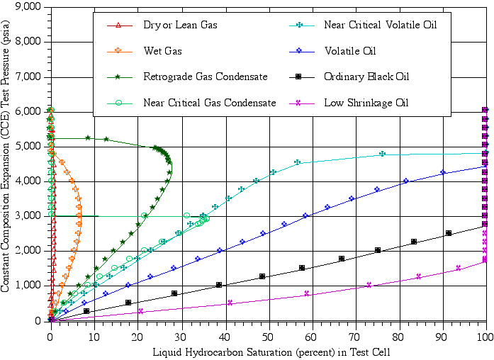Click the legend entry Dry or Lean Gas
[x=180, y=26]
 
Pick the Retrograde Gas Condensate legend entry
[x=205, y=77]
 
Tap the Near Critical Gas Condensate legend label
[x=209, y=103]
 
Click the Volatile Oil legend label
[x=349, y=51]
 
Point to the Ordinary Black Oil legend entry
[x=366, y=77]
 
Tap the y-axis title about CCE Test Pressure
[x=6, y=163]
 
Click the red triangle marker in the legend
[x=119, y=26]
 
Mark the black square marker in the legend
[x=300, y=77]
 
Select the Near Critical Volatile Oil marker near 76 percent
[x=382, y=154]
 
